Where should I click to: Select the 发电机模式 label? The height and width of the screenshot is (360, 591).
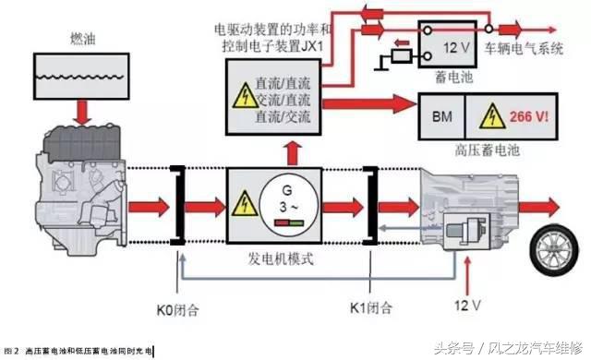tap(282, 259)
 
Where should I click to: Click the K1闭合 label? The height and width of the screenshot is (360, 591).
tap(374, 306)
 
